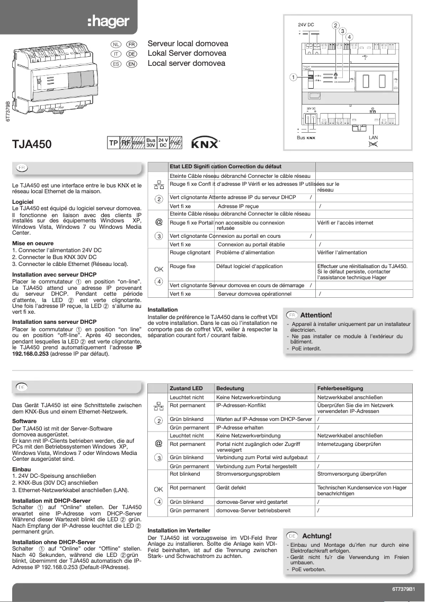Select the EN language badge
pyautogui.click(x=131, y=64)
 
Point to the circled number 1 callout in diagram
pyautogui.click(x=293, y=77)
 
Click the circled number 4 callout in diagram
pyautogui.click(x=350, y=36)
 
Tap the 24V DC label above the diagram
pyautogui.click(x=306, y=25)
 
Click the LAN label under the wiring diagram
pyautogui.click(x=373, y=137)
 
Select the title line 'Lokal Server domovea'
pyautogui.click(x=187, y=53)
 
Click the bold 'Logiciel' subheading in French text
pyautogui.click(x=23, y=202)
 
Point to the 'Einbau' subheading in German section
pyautogui.click(x=21, y=469)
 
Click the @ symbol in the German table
pyautogui.click(x=158, y=443)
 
